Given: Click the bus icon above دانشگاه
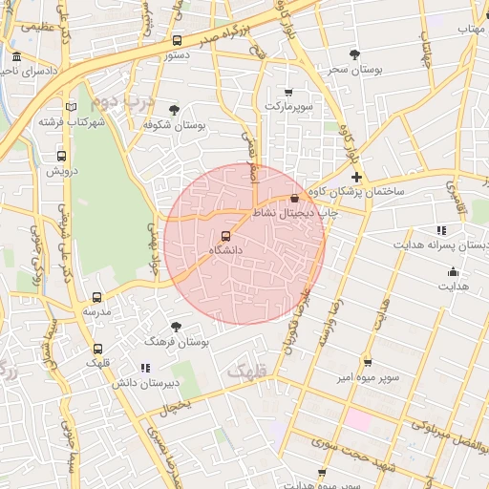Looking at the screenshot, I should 226,235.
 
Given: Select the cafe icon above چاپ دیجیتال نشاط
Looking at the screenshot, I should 293,199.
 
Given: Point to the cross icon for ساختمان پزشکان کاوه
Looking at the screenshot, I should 356,178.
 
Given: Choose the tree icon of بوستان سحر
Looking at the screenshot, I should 354,54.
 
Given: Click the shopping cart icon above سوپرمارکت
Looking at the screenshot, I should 288,93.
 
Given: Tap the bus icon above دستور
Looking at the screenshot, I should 177,41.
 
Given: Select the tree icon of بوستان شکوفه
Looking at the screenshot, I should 173,111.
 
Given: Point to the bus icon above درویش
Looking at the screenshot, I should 61,157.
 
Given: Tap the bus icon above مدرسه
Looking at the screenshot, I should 96,298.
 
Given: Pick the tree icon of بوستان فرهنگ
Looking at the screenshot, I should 174,327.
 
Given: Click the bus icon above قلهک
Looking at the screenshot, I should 97,350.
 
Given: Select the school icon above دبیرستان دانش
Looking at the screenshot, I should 144,368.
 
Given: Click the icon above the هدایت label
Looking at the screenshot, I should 452,272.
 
